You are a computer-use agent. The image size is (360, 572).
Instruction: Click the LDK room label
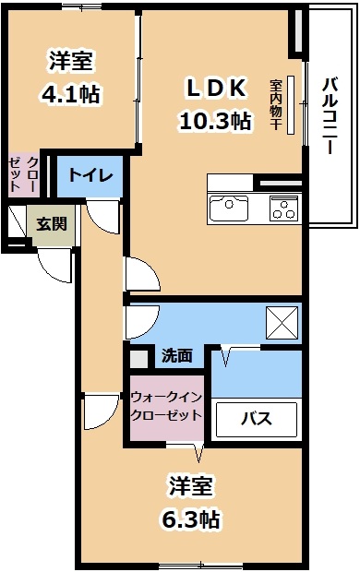tap(215, 88)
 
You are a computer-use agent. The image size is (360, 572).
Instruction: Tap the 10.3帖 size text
tap(215, 121)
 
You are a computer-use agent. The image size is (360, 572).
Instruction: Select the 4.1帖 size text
tap(71, 94)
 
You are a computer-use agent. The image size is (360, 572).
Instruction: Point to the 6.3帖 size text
tap(191, 518)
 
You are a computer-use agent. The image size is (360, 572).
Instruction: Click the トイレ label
tap(90, 175)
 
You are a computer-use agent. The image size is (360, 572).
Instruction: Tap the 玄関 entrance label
tap(52, 223)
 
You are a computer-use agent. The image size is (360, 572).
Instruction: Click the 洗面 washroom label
tap(177, 355)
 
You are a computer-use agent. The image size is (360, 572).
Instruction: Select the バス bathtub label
tap(257, 418)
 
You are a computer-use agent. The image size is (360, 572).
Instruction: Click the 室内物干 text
tap(275, 104)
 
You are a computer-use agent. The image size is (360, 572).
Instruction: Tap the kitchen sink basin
tap(228, 209)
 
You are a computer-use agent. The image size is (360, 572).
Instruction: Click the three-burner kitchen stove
tap(283, 208)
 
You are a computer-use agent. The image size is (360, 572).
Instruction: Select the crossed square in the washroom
tap(282, 323)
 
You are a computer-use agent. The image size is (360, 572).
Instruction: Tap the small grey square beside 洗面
tap(138, 360)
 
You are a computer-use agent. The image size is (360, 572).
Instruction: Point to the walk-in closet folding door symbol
tap(198, 452)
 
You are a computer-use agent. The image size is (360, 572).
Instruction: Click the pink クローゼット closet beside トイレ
tap(23, 174)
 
